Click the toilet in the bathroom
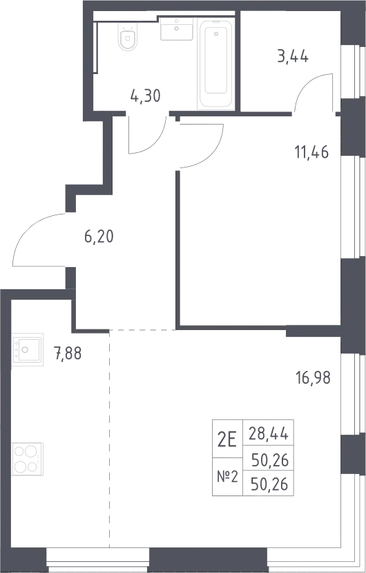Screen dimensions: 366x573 point(127,36)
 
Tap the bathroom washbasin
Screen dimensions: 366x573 point(176,28)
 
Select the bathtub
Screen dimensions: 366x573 point(216,64)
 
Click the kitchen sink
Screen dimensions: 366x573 point(28,349)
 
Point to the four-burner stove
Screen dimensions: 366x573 point(28,459)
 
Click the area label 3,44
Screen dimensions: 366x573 point(293,57)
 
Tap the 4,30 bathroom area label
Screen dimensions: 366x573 point(145,96)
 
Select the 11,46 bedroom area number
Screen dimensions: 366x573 point(311,152)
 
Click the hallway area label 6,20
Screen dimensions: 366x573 point(99,237)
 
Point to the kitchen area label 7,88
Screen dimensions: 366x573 point(68,354)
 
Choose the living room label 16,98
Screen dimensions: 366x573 point(314,378)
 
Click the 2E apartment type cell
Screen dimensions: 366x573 point(227,439)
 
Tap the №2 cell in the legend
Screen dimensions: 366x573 point(227,477)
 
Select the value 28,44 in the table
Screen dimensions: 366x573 point(269,435)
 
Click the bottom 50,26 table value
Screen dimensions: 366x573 point(270,485)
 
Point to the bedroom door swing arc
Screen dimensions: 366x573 point(211,154)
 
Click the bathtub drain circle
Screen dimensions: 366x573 point(216,34)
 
